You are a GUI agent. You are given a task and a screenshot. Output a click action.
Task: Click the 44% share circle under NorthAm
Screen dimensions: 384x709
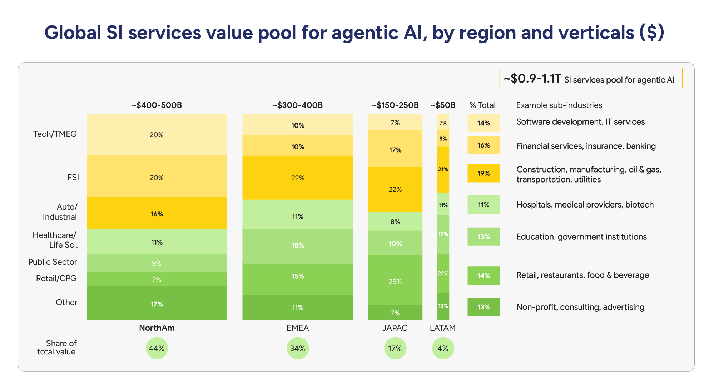(x=157, y=348)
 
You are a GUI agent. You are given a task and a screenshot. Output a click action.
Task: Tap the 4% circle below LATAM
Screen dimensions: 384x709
(x=443, y=348)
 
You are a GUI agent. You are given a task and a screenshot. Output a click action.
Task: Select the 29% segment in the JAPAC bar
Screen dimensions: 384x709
(x=395, y=281)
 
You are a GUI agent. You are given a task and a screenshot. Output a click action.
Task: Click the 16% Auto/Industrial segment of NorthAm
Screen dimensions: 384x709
(x=157, y=214)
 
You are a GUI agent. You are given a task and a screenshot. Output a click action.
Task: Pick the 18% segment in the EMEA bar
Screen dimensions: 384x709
(x=298, y=245)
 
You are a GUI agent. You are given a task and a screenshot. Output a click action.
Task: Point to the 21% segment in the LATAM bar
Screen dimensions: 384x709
(x=443, y=169)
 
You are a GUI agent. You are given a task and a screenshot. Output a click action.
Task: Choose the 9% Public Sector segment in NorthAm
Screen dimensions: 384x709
(x=157, y=263)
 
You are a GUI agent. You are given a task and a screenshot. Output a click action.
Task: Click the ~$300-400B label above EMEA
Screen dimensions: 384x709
(x=298, y=105)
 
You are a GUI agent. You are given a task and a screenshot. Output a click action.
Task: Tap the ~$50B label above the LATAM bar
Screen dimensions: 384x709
(x=443, y=105)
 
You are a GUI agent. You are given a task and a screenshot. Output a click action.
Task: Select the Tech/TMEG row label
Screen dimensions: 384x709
(x=55, y=134)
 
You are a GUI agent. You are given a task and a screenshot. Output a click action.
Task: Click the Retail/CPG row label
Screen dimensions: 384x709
(x=56, y=278)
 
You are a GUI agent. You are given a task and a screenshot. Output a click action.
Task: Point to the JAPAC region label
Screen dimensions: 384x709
(x=395, y=328)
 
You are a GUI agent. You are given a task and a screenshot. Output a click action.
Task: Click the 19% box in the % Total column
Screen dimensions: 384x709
(x=484, y=173)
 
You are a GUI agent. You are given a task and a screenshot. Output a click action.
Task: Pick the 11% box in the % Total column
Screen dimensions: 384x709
(x=484, y=205)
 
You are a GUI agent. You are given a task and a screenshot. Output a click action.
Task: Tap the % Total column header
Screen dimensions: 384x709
(x=482, y=105)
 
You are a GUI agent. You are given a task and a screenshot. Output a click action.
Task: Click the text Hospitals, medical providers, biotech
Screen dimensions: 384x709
(x=585, y=205)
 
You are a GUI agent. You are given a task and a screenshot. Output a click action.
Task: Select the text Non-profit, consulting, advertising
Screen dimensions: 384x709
(x=580, y=307)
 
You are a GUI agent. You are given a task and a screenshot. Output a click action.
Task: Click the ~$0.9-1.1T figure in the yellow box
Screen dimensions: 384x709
(x=532, y=78)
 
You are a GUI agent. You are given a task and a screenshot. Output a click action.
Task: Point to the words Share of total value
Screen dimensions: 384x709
(x=57, y=348)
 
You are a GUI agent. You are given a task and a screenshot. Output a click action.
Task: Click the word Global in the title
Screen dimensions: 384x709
(x=73, y=33)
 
